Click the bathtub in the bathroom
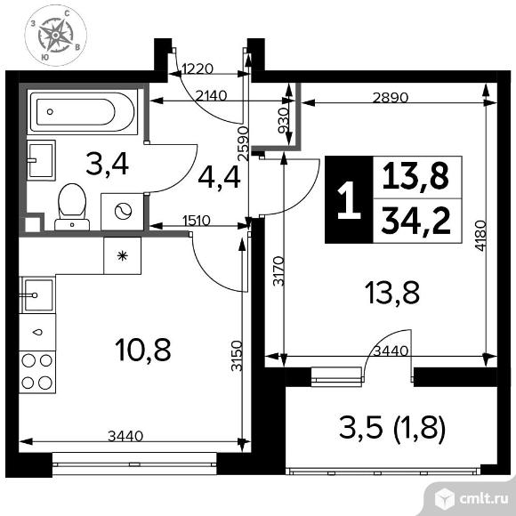tap(83, 112)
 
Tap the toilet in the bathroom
tap(72, 206)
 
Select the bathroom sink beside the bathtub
tap(41, 160)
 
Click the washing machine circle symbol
tap(123, 211)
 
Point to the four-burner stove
tap(37, 372)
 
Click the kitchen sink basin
tap(37, 295)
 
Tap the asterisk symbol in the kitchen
tap(123, 255)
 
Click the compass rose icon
tap(56, 36)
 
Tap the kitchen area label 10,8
tap(143, 350)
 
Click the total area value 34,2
tap(416, 222)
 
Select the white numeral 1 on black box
tap(349, 200)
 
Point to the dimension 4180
tap(480, 236)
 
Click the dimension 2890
tap(391, 98)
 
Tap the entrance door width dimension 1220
tap(198, 69)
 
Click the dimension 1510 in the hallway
tap(197, 221)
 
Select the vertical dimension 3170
tap(278, 270)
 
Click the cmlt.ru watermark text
tap(484, 499)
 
